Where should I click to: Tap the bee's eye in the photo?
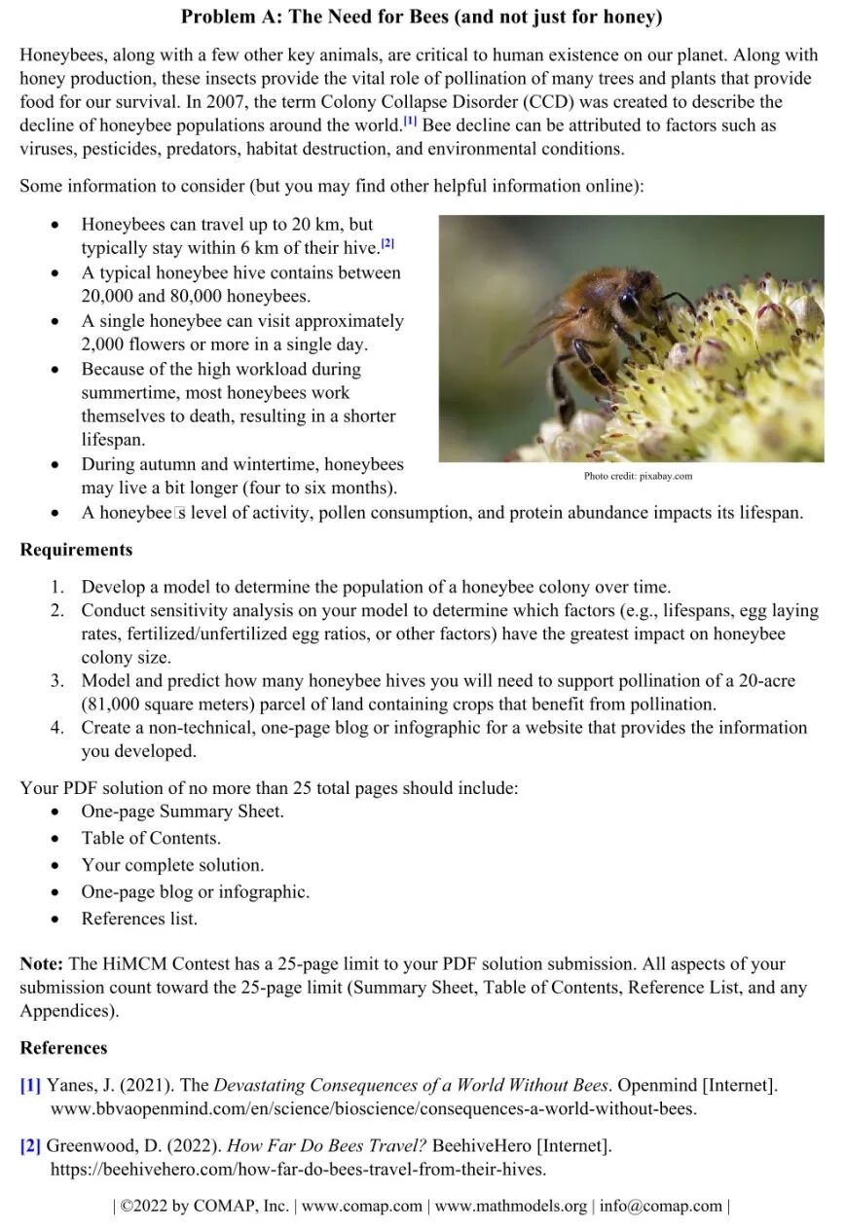click(629, 303)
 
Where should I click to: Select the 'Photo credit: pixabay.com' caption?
click(638, 476)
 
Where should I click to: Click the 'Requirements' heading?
click(76, 550)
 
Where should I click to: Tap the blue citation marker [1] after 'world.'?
click(411, 122)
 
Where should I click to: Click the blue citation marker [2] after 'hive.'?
click(387, 243)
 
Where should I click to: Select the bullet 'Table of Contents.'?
click(151, 838)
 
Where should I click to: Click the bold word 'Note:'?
click(42, 964)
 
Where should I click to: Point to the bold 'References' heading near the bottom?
click(63, 1048)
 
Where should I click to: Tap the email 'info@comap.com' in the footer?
click(660, 1206)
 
